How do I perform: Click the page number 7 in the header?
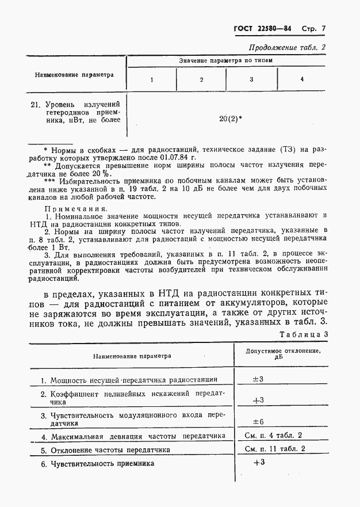[x=323, y=29]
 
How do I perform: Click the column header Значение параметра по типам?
[x=225, y=60]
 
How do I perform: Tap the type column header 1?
[x=152, y=79]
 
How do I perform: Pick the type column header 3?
[x=251, y=79]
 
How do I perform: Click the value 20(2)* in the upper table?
[x=231, y=119]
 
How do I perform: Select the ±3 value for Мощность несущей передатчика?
[x=258, y=379]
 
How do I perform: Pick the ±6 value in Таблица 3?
[x=258, y=421]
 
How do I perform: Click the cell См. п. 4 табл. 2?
[x=273, y=436]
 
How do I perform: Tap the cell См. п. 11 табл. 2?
[x=275, y=449]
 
